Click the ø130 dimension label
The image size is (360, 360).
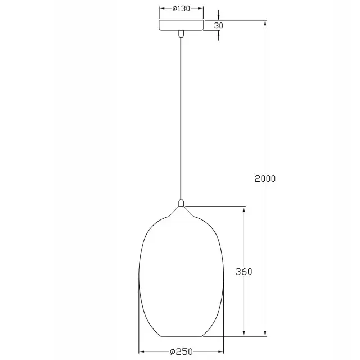(181, 8)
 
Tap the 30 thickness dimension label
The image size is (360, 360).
(219, 25)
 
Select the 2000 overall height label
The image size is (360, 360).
(265, 178)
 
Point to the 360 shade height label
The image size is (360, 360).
(244, 272)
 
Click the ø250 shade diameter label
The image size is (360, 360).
(181, 352)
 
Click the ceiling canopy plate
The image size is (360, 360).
(181, 25)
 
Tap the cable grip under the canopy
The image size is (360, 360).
(181, 34)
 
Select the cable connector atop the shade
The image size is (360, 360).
(181, 203)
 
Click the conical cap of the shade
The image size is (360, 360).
(181, 211)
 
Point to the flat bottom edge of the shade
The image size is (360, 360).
(181, 336)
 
